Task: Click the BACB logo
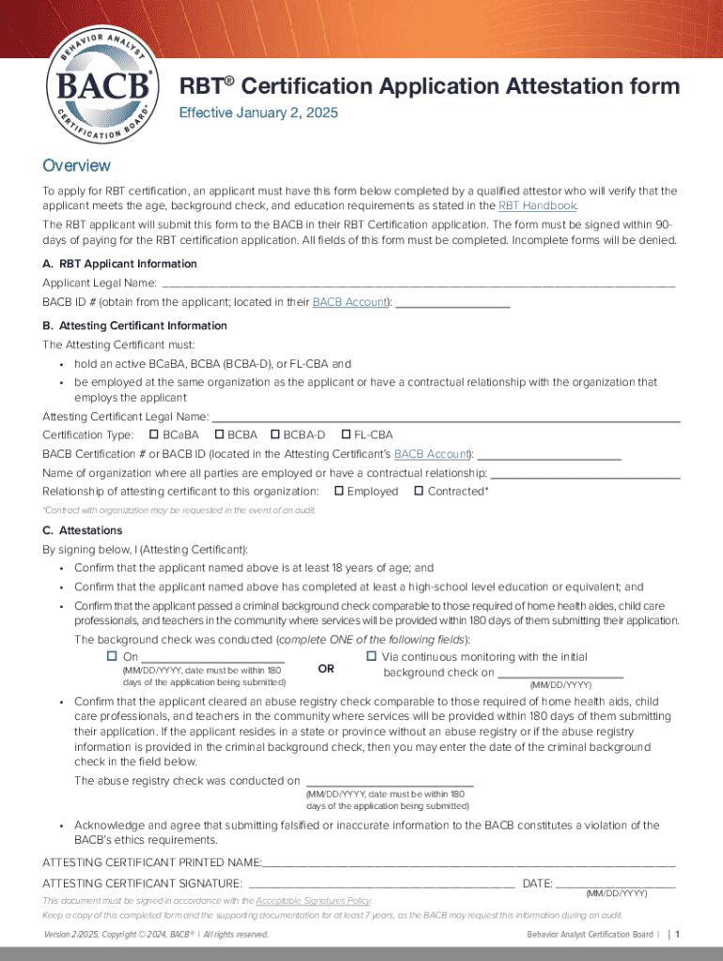tap(105, 87)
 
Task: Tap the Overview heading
tap(77, 166)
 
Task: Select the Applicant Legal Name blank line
tap(418, 282)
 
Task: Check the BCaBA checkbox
tap(154, 435)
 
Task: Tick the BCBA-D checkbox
tap(275, 435)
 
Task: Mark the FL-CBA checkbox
tap(346, 435)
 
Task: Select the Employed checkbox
tap(339, 491)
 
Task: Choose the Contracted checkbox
tap(419, 491)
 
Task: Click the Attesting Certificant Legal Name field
tap(446, 416)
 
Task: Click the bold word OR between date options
tap(326, 669)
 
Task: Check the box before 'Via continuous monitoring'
tap(371, 656)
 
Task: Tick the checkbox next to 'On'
tap(112, 656)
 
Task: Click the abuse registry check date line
tap(389, 782)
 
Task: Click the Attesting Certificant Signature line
tap(381, 884)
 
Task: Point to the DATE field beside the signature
tap(615, 884)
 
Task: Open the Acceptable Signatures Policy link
tap(314, 900)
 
